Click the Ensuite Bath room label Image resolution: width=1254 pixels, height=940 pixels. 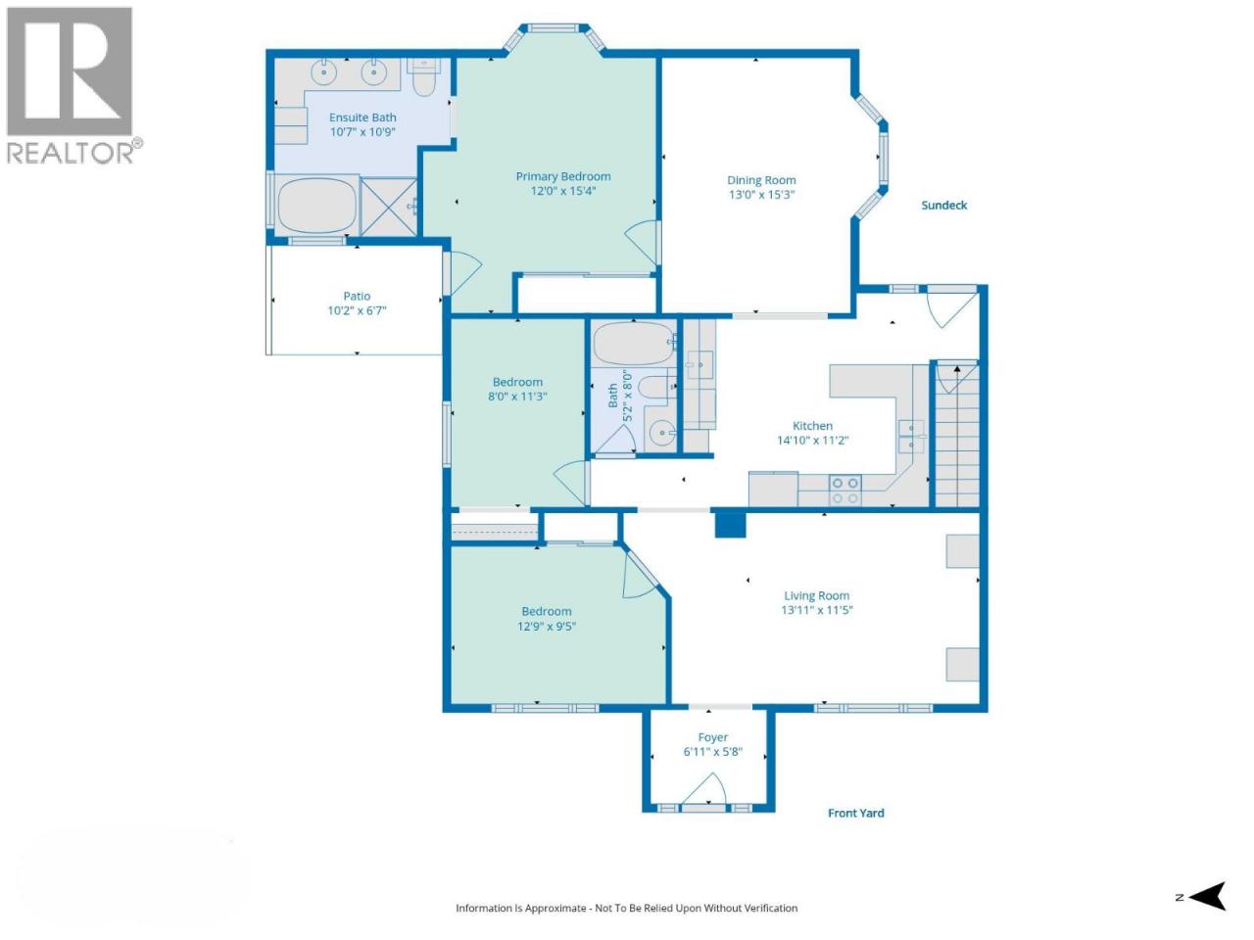[x=362, y=117]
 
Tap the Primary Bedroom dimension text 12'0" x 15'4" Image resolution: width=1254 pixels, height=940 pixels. [x=562, y=191]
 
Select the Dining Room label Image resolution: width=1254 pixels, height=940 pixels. [x=761, y=180]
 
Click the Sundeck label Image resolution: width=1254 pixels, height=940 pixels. [x=943, y=206]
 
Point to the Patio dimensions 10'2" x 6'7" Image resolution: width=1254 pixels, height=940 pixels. [x=357, y=310]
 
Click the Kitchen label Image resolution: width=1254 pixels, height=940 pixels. [x=812, y=426]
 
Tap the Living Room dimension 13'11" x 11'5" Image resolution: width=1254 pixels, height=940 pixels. [x=816, y=610]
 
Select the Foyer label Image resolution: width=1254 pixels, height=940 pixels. [x=712, y=737]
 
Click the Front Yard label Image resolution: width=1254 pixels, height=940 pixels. [x=856, y=813]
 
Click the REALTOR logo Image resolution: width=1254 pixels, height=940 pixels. [x=72, y=85]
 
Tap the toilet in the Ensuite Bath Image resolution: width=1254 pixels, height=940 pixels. [x=423, y=77]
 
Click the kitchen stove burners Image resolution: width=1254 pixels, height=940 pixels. [x=845, y=491]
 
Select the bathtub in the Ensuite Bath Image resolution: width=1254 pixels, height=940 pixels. [x=317, y=206]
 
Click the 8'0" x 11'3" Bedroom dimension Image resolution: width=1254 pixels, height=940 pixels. [x=517, y=397]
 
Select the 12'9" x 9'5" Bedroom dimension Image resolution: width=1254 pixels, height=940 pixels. [x=546, y=626]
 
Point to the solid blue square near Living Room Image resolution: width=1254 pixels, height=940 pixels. [x=730, y=524]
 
